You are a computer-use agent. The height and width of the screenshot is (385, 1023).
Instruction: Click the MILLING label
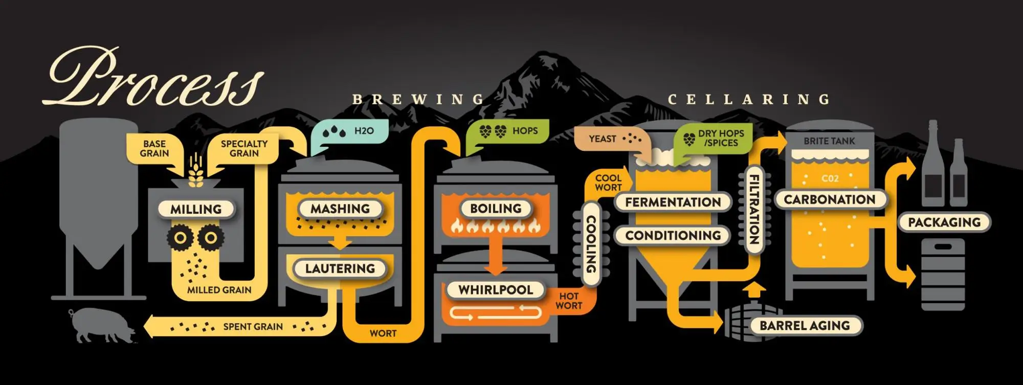(196, 209)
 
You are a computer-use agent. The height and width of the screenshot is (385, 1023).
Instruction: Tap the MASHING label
(340, 209)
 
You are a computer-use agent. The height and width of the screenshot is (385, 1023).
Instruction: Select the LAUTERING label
(340, 268)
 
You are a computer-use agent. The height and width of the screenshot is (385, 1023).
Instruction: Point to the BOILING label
(496, 208)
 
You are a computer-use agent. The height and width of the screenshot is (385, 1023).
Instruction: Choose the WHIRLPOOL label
(495, 290)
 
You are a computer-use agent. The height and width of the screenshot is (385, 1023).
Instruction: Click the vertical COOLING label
(591, 243)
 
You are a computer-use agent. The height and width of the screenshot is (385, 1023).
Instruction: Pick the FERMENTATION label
(673, 202)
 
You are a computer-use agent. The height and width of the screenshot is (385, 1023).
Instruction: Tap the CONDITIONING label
(673, 235)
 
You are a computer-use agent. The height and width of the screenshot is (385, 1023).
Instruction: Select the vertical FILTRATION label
(753, 210)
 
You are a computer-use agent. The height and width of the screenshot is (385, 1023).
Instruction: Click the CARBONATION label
(829, 199)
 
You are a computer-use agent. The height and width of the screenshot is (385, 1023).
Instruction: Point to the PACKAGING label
(944, 222)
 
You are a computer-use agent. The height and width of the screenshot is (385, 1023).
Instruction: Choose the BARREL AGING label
(804, 326)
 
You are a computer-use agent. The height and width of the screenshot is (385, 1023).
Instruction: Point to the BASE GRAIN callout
(154, 149)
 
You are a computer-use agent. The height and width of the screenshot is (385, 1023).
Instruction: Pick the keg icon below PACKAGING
(943, 274)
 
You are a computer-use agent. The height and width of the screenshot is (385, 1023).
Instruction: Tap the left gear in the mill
(180, 238)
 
